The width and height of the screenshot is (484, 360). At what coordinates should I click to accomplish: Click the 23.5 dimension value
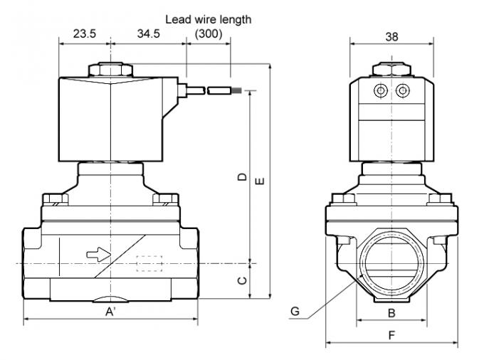click(x=85, y=33)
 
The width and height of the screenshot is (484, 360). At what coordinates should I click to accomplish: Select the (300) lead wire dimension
click(x=209, y=33)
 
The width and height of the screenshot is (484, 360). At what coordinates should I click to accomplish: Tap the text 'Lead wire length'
click(x=209, y=20)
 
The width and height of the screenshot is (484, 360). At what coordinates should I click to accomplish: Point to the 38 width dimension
click(x=391, y=38)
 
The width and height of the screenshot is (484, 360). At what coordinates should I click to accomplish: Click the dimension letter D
click(x=243, y=176)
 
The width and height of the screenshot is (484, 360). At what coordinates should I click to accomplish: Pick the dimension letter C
click(x=243, y=280)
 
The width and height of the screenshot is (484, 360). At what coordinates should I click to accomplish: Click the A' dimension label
click(x=112, y=312)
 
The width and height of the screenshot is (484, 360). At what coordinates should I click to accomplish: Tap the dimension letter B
click(x=391, y=312)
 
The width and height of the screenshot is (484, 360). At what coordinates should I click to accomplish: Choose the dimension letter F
click(x=392, y=334)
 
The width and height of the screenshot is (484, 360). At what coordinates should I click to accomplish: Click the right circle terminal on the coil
click(x=403, y=90)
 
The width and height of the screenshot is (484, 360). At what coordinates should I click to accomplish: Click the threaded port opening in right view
click(x=391, y=263)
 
